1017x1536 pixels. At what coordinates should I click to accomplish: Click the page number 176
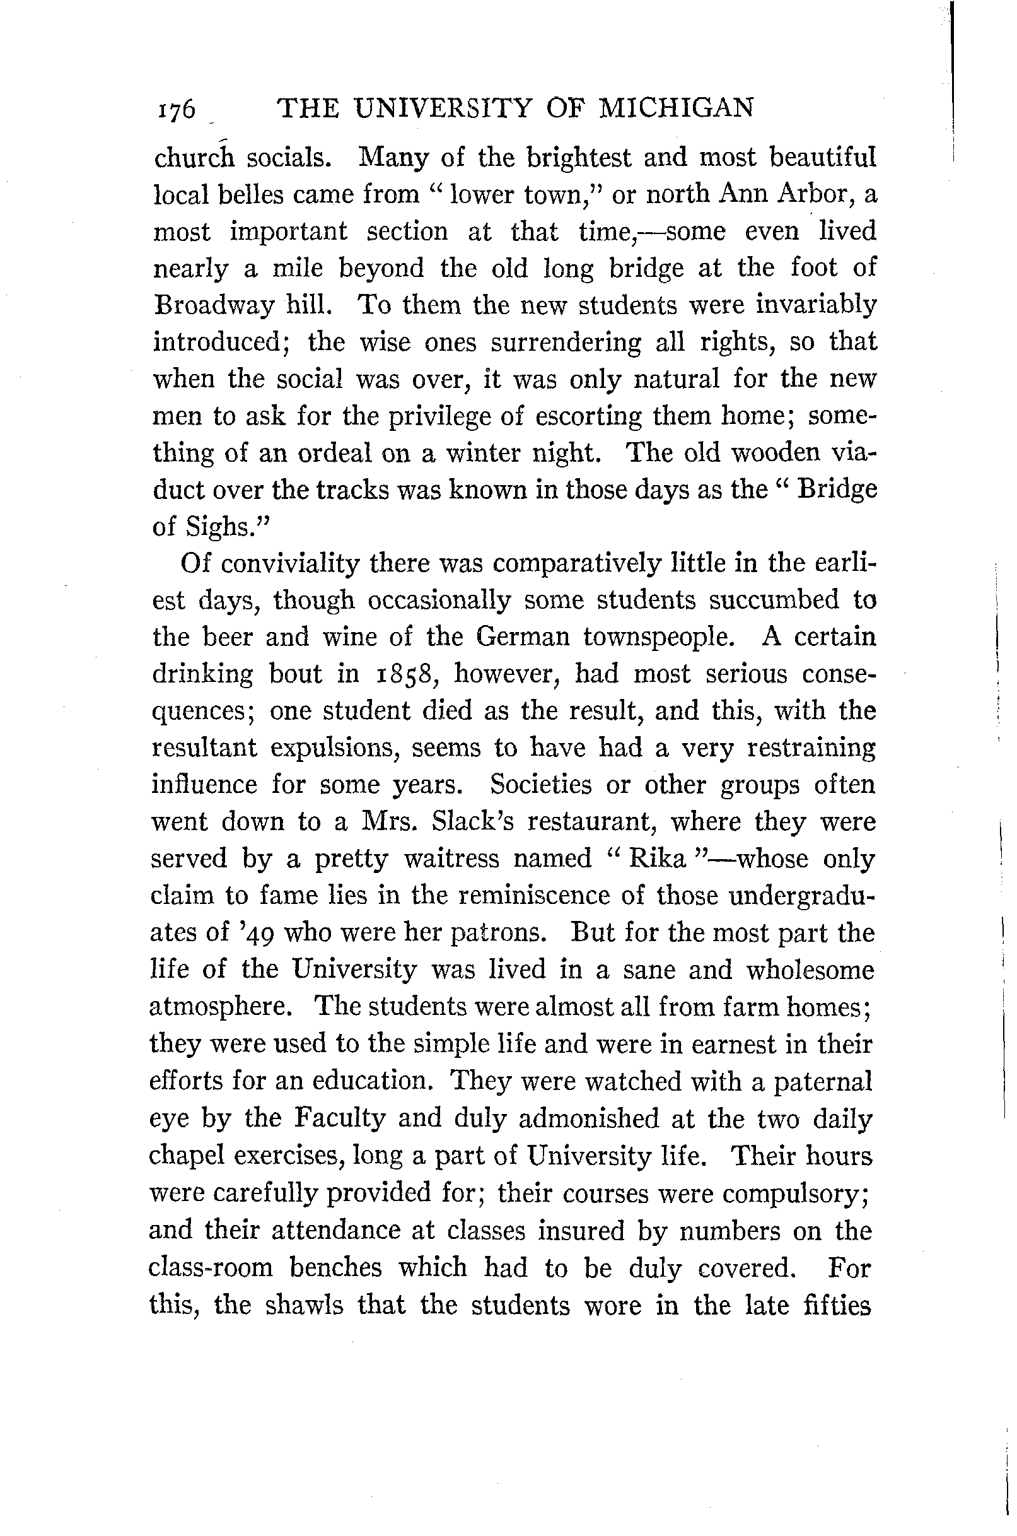click(175, 110)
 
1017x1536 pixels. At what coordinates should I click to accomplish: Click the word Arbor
click(819, 195)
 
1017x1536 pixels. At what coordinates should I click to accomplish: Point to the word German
click(522, 637)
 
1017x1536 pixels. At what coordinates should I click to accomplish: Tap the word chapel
click(185, 1156)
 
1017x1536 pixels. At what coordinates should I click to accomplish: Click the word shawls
click(303, 1304)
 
